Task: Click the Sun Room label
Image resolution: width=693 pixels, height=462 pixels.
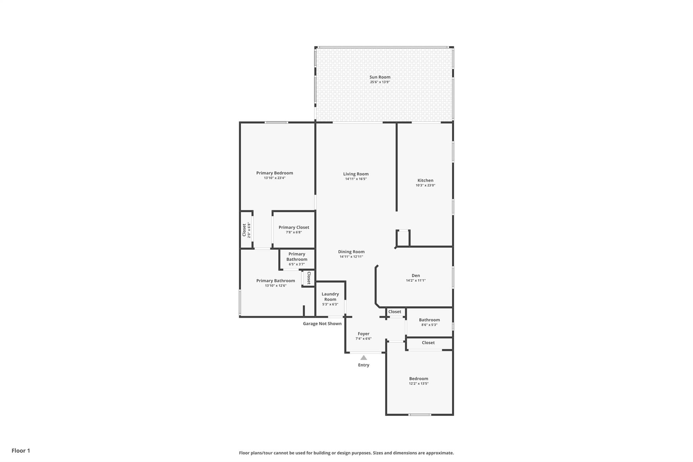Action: point(380,77)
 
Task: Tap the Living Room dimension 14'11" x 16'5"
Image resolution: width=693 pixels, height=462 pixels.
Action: point(356,179)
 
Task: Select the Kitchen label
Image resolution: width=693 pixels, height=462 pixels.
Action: point(425,180)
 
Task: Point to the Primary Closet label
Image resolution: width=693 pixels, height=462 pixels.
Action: point(294,227)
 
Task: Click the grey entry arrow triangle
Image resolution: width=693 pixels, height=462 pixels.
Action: point(363,358)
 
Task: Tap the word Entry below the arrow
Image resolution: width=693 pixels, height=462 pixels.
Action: point(363,365)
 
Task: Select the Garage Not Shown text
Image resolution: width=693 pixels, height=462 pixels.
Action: point(322,324)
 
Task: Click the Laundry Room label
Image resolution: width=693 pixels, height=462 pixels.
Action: point(330,297)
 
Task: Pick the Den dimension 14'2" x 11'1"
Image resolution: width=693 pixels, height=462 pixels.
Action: point(416,281)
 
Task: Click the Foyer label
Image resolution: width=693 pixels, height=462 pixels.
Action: point(363,334)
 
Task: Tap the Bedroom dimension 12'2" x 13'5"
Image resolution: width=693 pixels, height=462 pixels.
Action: point(419,383)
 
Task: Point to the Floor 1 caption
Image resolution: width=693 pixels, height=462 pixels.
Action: point(21,450)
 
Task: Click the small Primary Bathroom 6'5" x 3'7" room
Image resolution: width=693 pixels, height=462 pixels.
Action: point(297,259)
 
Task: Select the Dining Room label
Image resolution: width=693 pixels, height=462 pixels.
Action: point(351,252)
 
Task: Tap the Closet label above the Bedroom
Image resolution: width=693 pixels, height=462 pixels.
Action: point(428,343)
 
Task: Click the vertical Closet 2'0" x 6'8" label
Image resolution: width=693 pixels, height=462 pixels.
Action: point(244,230)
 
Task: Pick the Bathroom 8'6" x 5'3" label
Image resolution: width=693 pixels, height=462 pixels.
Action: point(429,320)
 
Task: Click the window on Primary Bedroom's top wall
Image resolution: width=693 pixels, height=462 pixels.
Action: point(276,123)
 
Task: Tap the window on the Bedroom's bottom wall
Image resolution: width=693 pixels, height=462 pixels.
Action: point(420,415)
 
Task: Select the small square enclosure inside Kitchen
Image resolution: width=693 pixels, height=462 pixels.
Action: point(403,238)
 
